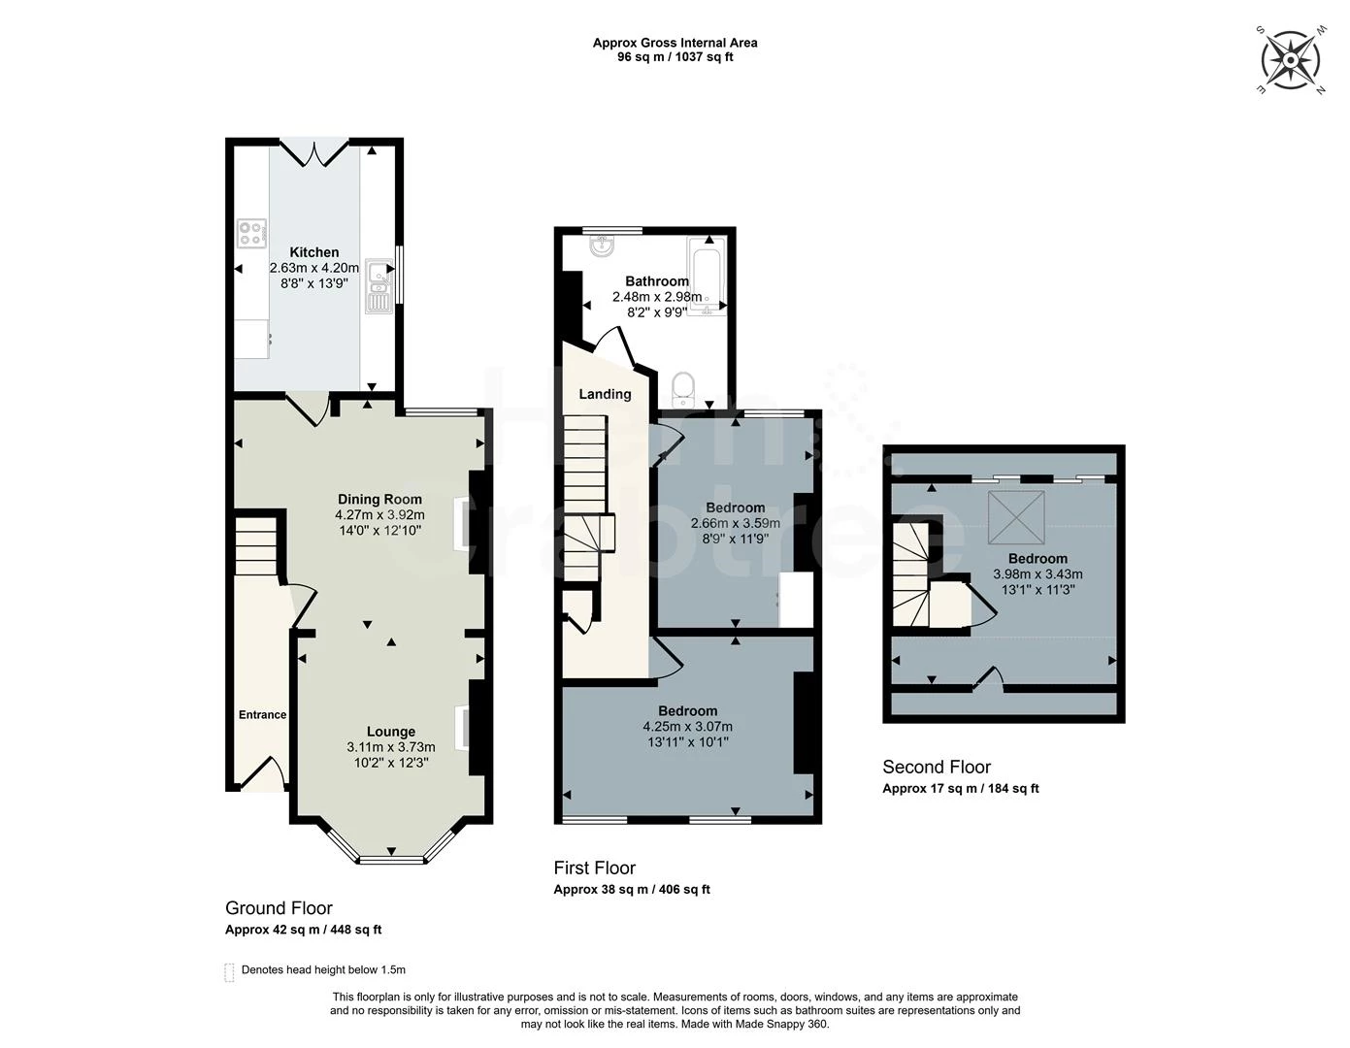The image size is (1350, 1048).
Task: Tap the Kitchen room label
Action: [x=314, y=252]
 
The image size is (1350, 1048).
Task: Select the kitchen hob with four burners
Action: [x=251, y=233]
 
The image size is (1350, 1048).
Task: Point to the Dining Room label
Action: [x=379, y=500]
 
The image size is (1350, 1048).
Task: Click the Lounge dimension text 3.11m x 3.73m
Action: [x=390, y=747]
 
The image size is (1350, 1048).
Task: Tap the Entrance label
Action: [x=262, y=715]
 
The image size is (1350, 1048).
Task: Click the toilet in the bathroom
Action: [x=684, y=389]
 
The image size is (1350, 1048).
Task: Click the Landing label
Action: [x=605, y=394]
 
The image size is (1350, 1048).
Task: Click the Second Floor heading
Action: [x=936, y=768]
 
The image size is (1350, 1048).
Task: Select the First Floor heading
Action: [x=594, y=868]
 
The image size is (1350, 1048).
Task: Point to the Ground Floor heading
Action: [x=279, y=908]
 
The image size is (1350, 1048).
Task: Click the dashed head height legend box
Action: [x=230, y=971]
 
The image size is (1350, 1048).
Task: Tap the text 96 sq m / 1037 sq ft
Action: [x=675, y=57]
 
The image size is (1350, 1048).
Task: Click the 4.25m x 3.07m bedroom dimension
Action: [x=687, y=727]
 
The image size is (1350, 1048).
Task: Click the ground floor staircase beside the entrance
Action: [x=256, y=545]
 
